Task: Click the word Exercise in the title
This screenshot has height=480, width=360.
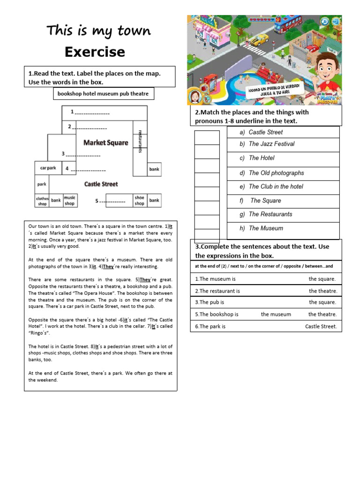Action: (x=95, y=52)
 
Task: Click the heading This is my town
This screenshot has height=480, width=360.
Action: (x=98, y=31)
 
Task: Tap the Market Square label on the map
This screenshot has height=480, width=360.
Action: (x=105, y=142)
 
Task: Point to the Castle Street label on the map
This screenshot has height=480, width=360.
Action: (x=101, y=184)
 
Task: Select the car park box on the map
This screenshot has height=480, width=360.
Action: (x=48, y=168)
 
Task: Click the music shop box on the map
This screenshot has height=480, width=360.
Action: (x=69, y=201)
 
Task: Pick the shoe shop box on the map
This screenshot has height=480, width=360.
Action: (x=139, y=201)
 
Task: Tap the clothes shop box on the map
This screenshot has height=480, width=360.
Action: (x=42, y=201)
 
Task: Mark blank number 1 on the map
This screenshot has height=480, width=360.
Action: (x=90, y=112)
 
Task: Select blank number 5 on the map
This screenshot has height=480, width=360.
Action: (x=111, y=201)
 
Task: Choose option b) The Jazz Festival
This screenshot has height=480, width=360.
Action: (x=271, y=144)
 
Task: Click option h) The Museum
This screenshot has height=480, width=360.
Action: (x=266, y=228)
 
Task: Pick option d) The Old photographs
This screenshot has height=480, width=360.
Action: (x=276, y=173)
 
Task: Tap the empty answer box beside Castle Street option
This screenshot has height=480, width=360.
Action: (x=207, y=137)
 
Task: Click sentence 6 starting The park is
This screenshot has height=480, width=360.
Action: (x=266, y=326)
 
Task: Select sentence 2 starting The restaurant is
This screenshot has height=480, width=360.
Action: (x=266, y=291)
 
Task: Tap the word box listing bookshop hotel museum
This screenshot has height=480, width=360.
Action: (x=103, y=94)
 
